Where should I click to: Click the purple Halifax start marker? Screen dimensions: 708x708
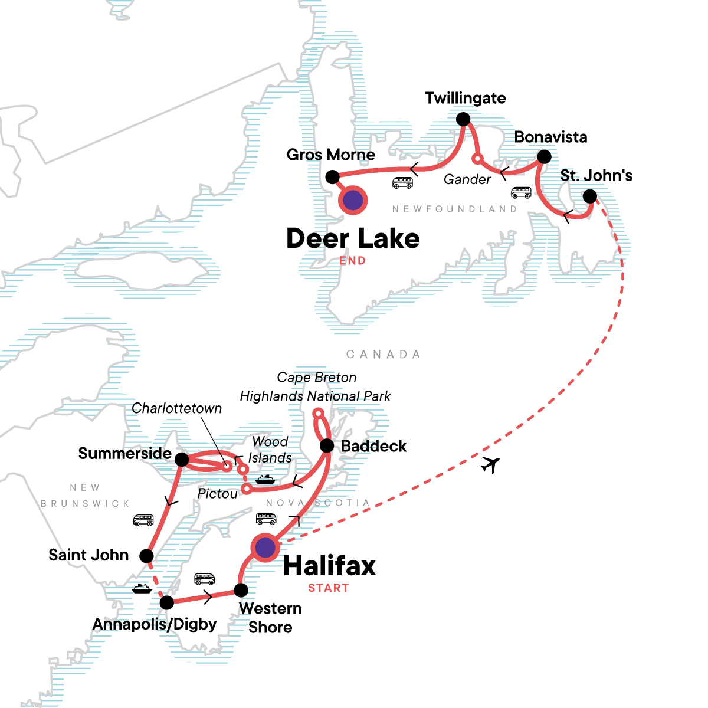[x=265, y=548]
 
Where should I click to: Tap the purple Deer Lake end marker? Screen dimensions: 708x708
[x=352, y=201]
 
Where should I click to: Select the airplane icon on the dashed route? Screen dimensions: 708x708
[x=490, y=465]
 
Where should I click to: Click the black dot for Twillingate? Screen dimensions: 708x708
[x=464, y=120]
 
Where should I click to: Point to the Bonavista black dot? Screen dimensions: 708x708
[x=545, y=157]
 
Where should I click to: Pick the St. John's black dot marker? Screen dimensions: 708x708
[x=589, y=196]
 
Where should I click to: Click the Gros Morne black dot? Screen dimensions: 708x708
[x=332, y=177]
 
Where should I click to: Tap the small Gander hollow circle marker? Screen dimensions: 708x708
[x=477, y=158]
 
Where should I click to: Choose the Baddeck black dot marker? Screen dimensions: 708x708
[x=327, y=446]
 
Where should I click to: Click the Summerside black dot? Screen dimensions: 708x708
[x=182, y=459]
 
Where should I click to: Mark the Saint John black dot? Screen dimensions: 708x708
[x=146, y=556]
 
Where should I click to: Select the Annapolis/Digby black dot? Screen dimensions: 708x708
[x=167, y=602]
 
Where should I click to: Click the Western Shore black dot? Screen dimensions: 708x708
[x=241, y=590]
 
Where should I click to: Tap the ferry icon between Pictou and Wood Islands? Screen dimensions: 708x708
[x=265, y=480]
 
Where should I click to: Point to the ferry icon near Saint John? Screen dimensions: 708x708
[x=142, y=588]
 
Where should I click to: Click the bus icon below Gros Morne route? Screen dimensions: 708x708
[x=402, y=183]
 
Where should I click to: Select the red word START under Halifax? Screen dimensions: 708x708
[x=329, y=588]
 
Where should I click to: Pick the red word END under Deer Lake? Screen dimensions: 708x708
[x=352, y=261]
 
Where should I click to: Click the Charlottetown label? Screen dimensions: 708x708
[x=177, y=408]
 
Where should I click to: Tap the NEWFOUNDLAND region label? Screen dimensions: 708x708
[x=454, y=209]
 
